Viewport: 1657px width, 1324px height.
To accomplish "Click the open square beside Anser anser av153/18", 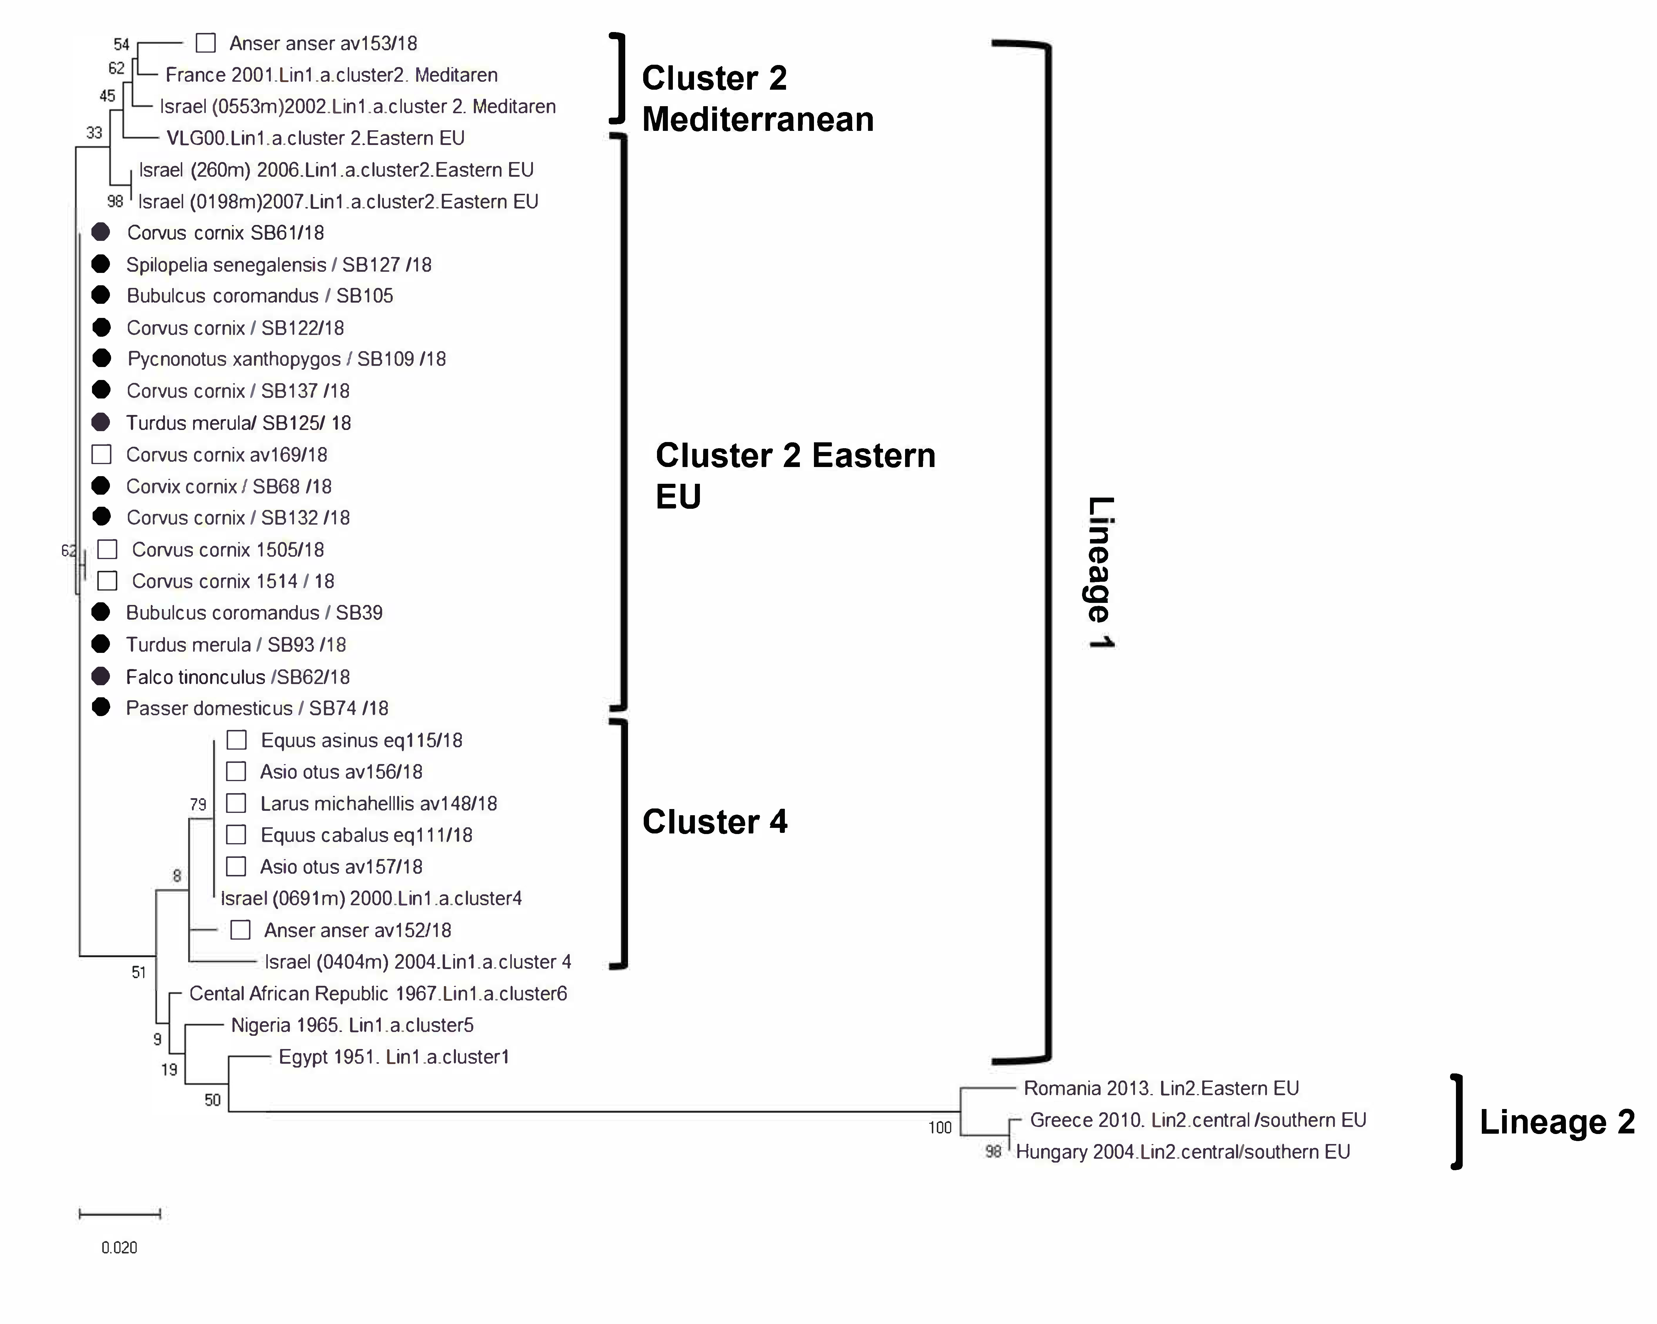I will click(205, 43).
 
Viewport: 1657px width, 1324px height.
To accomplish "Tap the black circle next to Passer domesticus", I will click(101, 707).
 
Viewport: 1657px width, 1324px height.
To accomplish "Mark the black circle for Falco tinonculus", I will click(101, 676).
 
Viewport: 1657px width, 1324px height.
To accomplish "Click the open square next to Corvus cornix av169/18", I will click(101, 454).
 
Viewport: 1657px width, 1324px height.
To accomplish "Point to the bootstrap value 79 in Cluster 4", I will click(198, 804).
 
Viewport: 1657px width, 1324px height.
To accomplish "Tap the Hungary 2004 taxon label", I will click(1182, 1152).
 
